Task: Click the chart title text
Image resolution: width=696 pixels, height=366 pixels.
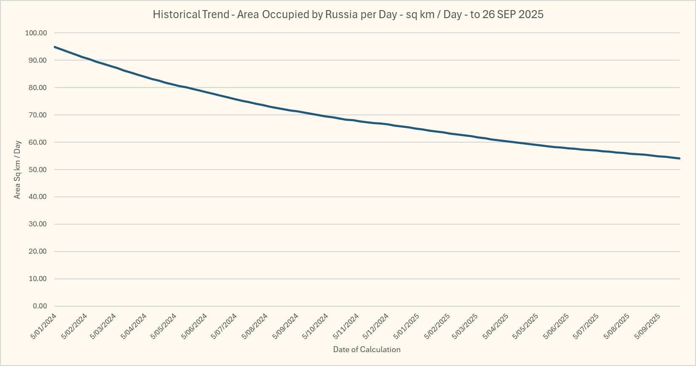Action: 348,14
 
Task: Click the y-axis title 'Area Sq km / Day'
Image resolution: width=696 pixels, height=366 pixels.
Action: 17,170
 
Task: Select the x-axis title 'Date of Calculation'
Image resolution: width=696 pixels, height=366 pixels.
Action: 367,349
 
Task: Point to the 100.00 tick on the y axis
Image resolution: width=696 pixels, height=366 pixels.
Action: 36,33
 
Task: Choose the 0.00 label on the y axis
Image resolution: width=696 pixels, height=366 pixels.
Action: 40,306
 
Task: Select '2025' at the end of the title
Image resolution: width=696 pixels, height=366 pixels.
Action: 531,14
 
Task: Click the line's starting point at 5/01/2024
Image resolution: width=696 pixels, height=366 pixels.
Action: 55,47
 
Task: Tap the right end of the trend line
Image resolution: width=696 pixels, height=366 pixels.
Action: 680,158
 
